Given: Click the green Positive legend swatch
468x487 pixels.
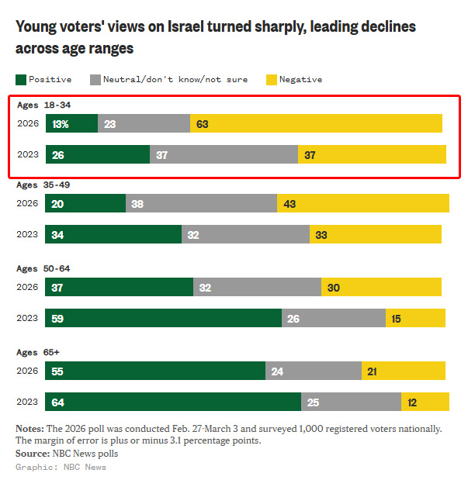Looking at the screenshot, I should [20, 79].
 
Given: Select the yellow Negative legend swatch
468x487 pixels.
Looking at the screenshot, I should [271, 79].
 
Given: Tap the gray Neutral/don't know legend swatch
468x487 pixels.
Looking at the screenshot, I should [96, 79].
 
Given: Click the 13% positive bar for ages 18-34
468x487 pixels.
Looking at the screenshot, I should [71, 123].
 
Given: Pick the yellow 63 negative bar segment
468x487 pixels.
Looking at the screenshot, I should [316, 123].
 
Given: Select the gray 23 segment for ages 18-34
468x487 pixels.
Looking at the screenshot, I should [144, 123].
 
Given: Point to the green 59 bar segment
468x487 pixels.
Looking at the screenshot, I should [163, 318].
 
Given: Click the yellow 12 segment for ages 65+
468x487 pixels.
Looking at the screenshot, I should [425, 402].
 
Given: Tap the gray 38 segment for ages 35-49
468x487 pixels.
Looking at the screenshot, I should [201, 203].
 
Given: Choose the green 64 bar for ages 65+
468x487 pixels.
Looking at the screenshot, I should [173, 402].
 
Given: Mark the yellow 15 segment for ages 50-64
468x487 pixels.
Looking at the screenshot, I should [415, 318].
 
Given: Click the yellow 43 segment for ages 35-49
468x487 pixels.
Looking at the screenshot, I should [362, 203].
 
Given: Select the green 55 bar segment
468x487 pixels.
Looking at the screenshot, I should [155, 371].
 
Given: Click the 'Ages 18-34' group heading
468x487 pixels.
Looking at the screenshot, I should [44, 104].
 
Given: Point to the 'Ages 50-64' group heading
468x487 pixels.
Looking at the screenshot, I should [44, 268].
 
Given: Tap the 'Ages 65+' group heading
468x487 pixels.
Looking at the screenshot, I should [38, 352].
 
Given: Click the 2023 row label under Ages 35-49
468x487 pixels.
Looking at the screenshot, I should [27, 234].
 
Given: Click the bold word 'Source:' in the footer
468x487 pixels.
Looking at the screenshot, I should [33, 454].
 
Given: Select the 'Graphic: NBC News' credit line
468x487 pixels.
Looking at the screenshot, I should [61, 467].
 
